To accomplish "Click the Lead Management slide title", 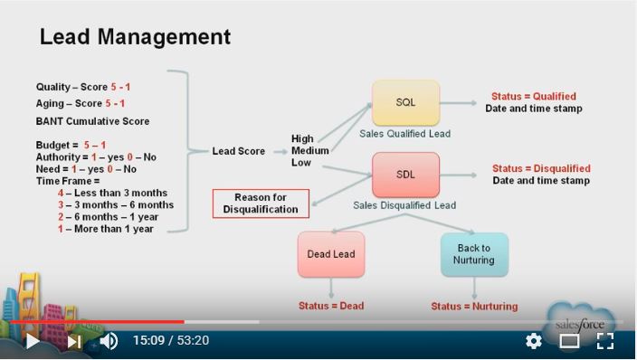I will (135, 37).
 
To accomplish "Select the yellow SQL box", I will (405, 102).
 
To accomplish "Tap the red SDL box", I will (405, 175).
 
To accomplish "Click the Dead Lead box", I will (330, 254).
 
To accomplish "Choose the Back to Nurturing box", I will (474, 254).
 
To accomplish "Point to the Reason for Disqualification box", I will (261, 204).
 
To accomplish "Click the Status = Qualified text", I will (533, 96).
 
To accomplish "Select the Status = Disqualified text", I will (541, 168).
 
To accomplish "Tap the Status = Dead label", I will (331, 306).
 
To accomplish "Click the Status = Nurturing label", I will (474, 306).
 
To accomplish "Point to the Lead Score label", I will (239, 151).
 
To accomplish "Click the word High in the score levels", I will (302, 138).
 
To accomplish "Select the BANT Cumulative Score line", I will (92, 121).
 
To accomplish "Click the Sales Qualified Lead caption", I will (404, 134).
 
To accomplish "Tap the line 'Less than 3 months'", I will (113, 194).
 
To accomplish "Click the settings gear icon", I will (534, 341).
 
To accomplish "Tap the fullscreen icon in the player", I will (605, 341).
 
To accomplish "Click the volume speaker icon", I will (109, 341).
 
